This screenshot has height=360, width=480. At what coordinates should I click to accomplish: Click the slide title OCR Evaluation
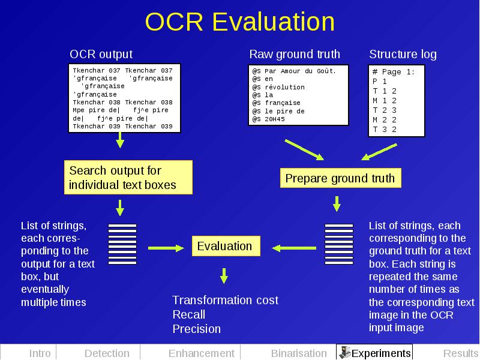[239, 22]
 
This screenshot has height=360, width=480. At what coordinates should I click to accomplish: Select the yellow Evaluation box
[226, 246]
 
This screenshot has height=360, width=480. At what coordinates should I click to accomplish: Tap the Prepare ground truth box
[340, 178]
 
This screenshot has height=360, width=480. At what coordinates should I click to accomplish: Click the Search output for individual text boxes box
[128, 177]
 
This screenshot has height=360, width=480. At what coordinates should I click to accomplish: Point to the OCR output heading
[101, 54]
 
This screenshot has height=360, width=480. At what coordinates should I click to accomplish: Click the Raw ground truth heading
[295, 54]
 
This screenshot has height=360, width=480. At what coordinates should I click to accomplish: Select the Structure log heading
[403, 54]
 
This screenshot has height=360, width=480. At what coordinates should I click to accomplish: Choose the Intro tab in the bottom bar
[40, 353]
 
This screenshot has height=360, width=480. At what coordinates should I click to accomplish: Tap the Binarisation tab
[299, 353]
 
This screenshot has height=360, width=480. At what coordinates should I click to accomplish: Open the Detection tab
[107, 353]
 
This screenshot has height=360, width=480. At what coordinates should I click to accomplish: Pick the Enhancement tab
[202, 353]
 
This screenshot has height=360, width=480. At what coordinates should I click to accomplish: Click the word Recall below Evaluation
[188, 314]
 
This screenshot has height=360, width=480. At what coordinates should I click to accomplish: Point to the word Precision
[197, 329]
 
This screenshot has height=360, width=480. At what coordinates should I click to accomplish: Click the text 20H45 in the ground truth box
[275, 119]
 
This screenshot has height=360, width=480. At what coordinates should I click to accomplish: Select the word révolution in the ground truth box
[284, 87]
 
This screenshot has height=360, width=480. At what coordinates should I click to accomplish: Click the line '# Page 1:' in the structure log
[394, 72]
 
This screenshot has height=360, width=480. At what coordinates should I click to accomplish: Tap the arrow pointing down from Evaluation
[224, 276]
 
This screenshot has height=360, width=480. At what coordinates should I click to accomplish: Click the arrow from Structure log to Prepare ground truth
[379, 152]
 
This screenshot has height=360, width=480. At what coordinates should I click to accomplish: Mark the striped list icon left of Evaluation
[122, 244]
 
